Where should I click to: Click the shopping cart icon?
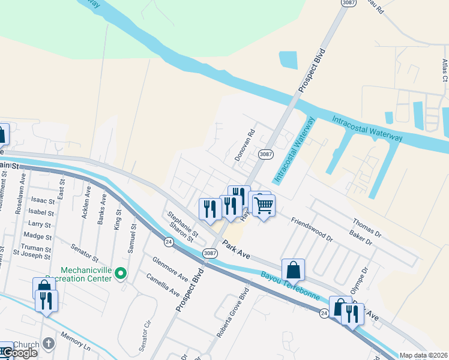tap(264, 206)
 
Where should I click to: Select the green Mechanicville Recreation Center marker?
tap(121, 274)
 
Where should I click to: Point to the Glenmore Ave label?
tap(170, 269)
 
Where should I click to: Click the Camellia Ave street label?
tap(163, 285)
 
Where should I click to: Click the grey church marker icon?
tap(49, 344)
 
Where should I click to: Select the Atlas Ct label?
tap(445, 70)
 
